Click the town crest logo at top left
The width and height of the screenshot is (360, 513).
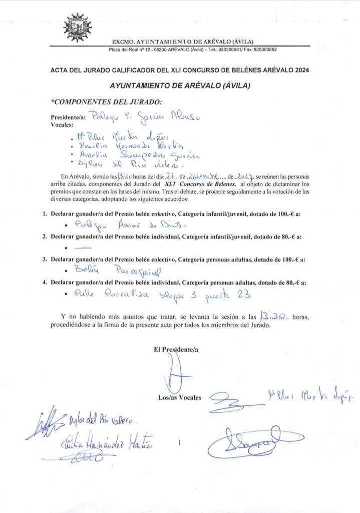click(x=78, y=28)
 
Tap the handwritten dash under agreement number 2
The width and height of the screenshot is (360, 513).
click(x=86, y=247)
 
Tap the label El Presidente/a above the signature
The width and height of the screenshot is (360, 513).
click(x=176, y=350)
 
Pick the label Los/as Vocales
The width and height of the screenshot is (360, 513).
click(x=179, y=397)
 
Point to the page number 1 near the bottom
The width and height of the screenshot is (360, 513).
click(x=179, y=443)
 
